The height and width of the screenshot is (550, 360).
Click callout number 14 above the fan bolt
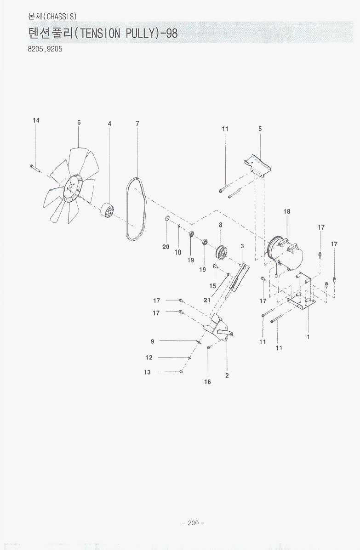[36, 120]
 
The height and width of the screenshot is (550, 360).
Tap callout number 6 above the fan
[79, 122]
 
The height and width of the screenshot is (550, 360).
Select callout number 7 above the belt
[137, 124]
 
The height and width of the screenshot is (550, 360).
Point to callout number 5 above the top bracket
[260, 129]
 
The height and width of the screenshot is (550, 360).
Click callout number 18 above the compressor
[287, 211]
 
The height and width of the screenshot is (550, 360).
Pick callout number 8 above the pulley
[220, 225]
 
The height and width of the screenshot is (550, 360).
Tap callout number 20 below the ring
[166, 247]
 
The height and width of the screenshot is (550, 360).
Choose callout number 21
[207, 300]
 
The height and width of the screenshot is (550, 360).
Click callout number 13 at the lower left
[147, 372]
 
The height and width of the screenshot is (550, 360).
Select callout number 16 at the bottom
[207, 382]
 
